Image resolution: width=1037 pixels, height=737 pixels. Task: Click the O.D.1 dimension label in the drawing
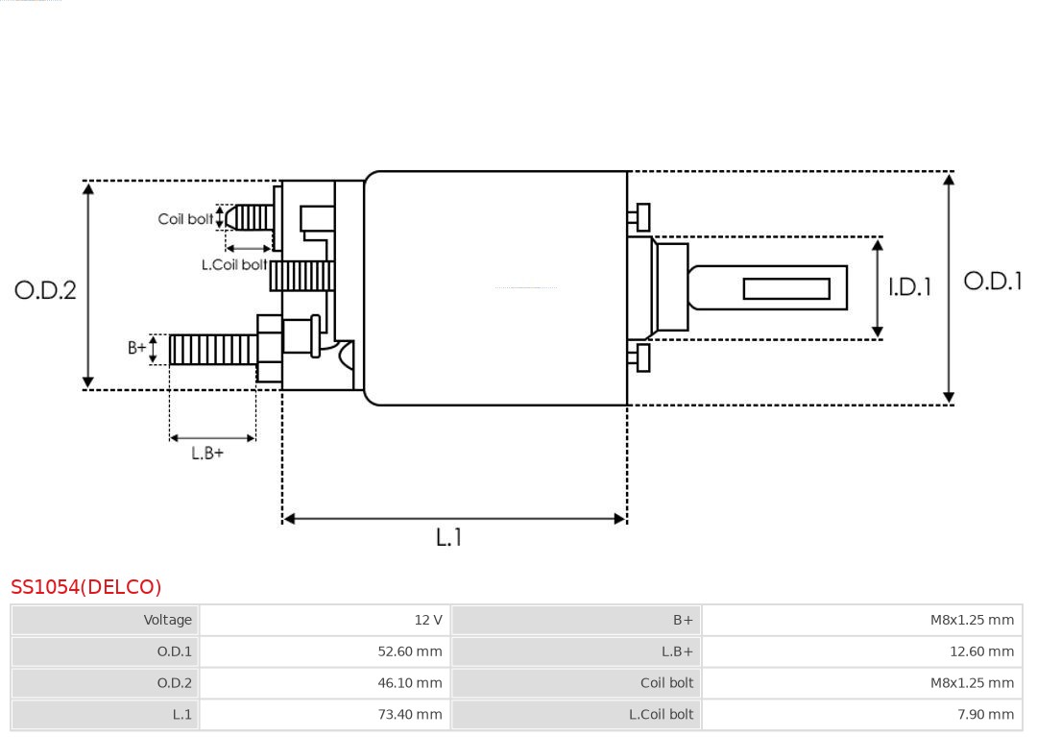tap(993, 282)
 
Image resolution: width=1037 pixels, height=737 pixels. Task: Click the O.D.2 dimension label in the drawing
tap(45, 290)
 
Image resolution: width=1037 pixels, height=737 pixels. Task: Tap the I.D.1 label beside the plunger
tap(908, 287)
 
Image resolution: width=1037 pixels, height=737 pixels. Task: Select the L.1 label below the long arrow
tap(448, 538)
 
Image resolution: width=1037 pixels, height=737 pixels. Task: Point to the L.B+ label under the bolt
tap(206, 453)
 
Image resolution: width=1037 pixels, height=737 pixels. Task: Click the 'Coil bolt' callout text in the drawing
tap(185, 219)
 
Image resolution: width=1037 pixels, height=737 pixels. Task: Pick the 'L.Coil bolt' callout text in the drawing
tap(233, 264)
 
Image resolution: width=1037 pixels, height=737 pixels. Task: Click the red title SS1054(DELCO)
tap(86, 587)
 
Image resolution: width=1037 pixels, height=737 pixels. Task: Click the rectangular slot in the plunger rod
tap(786, 288)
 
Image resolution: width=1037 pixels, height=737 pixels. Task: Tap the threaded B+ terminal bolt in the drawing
tap(212, 350)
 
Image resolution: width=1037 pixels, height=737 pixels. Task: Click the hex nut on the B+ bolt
tap(269, 349)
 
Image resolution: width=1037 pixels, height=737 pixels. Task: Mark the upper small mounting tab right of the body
tap(641, 217)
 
